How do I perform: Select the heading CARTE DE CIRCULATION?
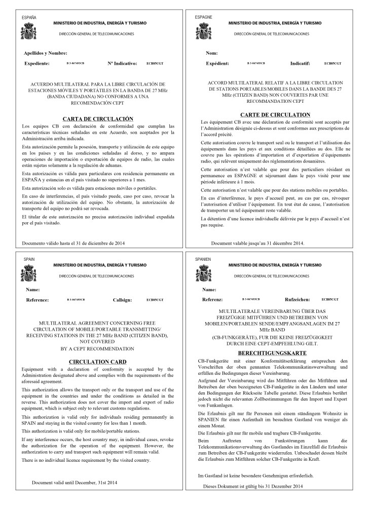click(x=275, y=115)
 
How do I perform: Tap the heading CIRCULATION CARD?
click(x=97, y=361)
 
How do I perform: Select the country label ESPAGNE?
click(x=203, y=17)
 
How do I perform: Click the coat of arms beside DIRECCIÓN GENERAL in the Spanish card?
click(x=28, y=32)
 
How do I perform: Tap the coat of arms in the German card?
click(x=203, y=273)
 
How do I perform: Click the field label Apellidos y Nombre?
click(x=46, y=53)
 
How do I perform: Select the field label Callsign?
click(x=122, y=300)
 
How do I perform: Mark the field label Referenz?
click(x=212, y=300)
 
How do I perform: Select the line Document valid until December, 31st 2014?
click(x=76, y=483)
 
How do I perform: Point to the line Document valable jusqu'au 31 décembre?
click(x=258, y=243)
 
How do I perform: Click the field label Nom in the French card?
click(x=211, y=53)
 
